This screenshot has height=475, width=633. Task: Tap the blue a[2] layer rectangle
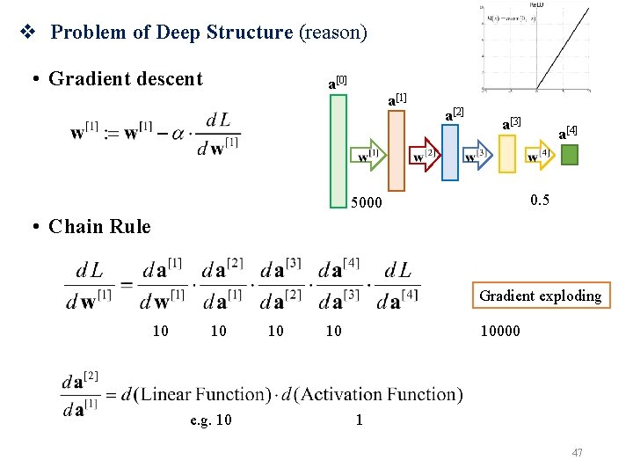tap(450, 151)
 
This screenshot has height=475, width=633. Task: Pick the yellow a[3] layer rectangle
tap(507, 152)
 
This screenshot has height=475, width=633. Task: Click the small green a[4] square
tap(570, 156)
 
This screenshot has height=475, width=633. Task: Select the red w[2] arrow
tap(425, 155)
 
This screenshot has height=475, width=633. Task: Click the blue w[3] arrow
tap(478, 156)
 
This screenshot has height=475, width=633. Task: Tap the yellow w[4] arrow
tap(538, 156)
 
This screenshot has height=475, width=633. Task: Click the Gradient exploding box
tap(540, 296)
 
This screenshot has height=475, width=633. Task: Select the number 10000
tap(501, 332)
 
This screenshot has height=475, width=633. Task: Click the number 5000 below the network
tap(367, 203)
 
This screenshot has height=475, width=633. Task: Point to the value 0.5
tap(540, 201)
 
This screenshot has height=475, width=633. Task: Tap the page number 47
tap(578, 453)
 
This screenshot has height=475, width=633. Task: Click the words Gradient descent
tap(126, 79)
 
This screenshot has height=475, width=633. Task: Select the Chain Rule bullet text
tap(99, 227)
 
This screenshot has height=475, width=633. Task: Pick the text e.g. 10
tap(211, 420)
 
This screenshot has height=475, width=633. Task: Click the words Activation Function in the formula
tap(381, 394)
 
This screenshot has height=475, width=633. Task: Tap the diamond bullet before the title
tap(26, 33)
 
